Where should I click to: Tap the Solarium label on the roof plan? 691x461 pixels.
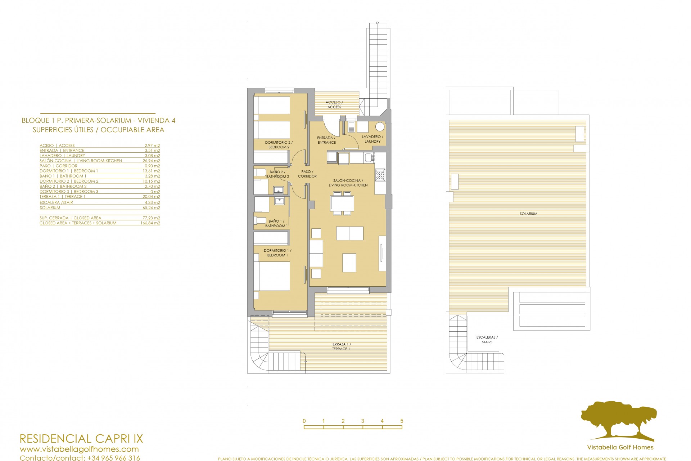[528, 214]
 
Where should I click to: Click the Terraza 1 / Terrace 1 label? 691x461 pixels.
[341, 346]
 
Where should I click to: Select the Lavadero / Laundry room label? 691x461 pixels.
[372, 139]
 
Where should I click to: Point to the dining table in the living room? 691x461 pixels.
[342, 203]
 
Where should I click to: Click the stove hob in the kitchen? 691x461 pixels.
[380, 175]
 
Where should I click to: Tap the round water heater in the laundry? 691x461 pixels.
[380, 126]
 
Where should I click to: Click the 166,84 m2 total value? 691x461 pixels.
[150, 223]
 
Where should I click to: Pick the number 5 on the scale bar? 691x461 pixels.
[402, 421]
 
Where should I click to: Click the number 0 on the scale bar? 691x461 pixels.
[304, 421]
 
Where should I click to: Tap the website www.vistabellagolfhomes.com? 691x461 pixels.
[79, 449]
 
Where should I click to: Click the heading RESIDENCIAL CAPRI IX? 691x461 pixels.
[81, 439]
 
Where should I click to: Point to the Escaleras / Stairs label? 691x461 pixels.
[487, 340]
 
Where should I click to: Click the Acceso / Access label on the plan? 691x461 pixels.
[334, 105]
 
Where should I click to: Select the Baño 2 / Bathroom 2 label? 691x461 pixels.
[277, 174]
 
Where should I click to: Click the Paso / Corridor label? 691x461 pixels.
[307, 174]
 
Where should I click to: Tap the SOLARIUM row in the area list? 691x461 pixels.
[50, 208]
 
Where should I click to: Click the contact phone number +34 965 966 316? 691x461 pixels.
[113, 458]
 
